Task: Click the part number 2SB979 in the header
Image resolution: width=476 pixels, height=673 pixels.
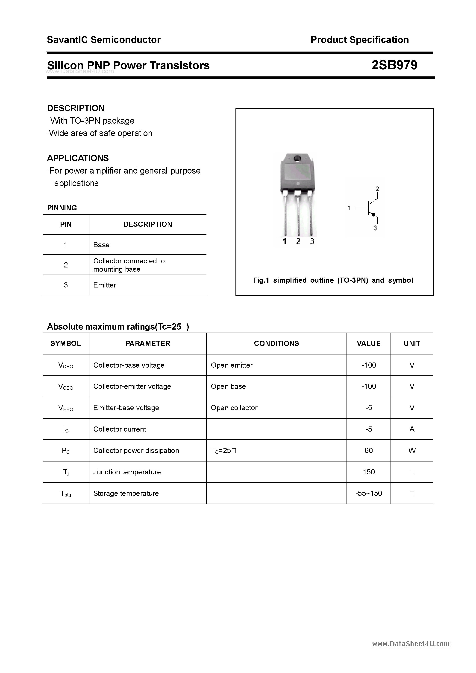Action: point(394,65)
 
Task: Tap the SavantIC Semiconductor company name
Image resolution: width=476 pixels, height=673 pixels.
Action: point(104,40)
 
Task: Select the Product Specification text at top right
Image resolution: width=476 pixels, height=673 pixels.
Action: point(359,40)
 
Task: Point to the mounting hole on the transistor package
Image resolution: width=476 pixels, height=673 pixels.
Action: point(297,159)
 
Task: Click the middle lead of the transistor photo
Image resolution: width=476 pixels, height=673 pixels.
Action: point(298,214)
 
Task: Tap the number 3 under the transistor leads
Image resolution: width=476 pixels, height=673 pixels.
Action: point(312,241)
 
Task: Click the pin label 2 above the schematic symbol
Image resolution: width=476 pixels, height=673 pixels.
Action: point(377,189)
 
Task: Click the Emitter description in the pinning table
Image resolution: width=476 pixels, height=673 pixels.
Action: point(105,285)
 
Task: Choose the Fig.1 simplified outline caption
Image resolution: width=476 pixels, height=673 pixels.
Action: point(333,280)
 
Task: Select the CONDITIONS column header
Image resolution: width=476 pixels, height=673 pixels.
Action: point(276,344)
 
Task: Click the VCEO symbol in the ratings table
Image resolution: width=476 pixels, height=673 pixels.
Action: point(66,387)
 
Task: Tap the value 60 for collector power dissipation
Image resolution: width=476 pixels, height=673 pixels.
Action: point(369,450)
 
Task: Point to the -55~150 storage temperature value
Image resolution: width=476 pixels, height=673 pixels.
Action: point(369,493)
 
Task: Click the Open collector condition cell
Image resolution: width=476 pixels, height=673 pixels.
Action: point(234,408)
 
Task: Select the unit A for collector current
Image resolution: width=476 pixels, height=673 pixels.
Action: point(412,429)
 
